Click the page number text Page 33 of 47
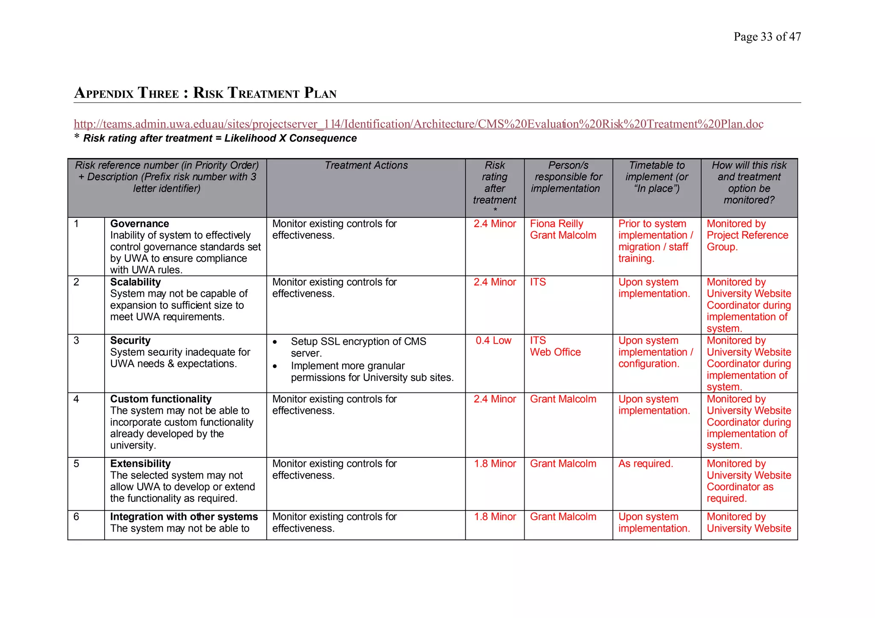767,37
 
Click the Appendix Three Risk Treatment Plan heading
205,93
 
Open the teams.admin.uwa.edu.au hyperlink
418,124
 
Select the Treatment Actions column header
366,165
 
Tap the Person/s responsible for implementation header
568,177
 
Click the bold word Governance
139,224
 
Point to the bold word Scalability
135,282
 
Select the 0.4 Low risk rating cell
493,341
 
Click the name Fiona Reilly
556,224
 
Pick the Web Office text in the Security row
555,352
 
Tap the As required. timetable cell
645,464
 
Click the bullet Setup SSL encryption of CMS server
358,347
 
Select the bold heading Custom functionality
161,399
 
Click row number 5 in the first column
76,464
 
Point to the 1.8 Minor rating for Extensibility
495,464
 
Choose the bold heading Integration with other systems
184,517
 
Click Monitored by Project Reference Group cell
747,235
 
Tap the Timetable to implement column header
656,177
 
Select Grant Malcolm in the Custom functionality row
563,399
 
